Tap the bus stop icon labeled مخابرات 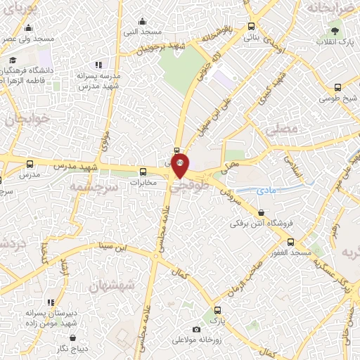(143, 171)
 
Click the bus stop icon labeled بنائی (252, 26)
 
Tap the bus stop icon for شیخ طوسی (338, 88)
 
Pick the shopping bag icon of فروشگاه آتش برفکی (262, 212)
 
